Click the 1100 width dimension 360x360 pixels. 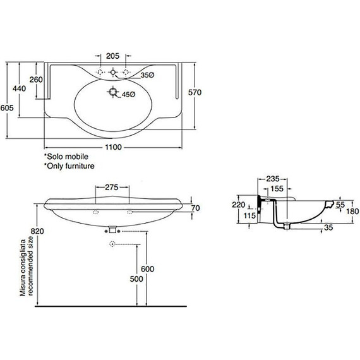pyautogui.click(x=114, y=147)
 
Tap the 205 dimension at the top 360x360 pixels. pyautogui.click(x=112, y=56)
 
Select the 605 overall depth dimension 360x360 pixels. pyautogui.click(x=7, y=107)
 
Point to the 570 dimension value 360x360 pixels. pyautogui.click(x=195, y=92)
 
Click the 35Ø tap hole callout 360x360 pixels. pyautogui.click(x=147, y=75)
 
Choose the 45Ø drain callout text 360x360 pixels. pyautogui.click(x=129, y=94)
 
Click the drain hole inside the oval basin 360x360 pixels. pyautogui.click(x=113, y=92)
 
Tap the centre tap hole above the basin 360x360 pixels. pyautogui.click(x=113, y=73)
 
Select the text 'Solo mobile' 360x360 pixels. pyautogui.click(x=68, y=157)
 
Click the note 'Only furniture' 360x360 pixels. pyautogui.click(x=71, y=166)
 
